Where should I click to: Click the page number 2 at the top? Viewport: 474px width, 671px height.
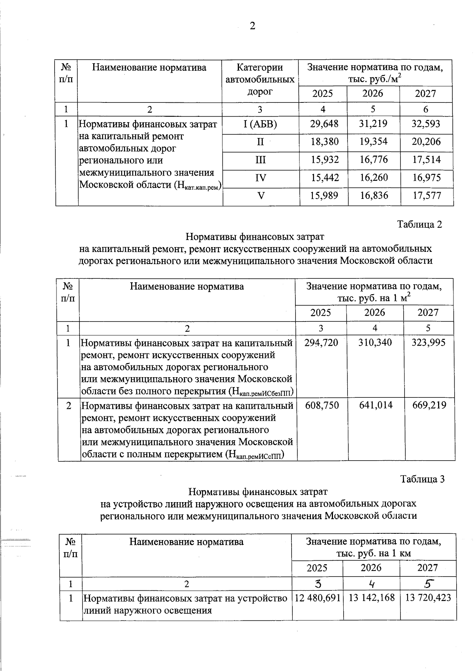[252, 26]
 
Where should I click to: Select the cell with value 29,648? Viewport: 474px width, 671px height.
[324, 124]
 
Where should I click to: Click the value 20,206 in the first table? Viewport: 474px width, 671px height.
[426, 142]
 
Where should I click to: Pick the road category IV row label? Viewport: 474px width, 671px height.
[260, 178]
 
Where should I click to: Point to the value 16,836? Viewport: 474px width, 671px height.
[373, 195]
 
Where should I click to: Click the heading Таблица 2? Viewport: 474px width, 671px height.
[419, 225]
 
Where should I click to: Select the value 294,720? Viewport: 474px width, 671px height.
[321, 342]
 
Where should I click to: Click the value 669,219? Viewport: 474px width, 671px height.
[429, 405]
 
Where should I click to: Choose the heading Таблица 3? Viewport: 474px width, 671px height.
[422, 479]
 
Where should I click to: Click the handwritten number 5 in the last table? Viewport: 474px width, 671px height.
[429, 584]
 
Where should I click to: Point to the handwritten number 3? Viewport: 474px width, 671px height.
[318, 584]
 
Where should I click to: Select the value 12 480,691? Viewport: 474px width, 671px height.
[318, 598]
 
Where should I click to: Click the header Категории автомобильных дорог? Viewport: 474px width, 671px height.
[260, 79]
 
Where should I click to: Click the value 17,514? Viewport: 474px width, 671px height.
[426, 160]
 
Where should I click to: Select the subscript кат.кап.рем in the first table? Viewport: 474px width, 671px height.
[201, 187]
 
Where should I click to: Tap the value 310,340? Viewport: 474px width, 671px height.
[375, 342]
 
